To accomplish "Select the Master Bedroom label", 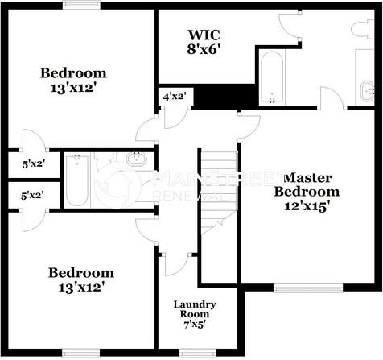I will (307, 184).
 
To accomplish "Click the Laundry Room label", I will (194, 310).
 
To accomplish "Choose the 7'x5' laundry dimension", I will (194, 325).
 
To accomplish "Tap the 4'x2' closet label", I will (174, 97).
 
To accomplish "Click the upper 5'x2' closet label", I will (33, 164).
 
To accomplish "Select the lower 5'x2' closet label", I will (33, 194).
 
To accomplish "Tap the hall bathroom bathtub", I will (77, 179).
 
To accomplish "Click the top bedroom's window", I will (80, 6).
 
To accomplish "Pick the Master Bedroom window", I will (307, 287).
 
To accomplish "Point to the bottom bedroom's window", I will (80, 351).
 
